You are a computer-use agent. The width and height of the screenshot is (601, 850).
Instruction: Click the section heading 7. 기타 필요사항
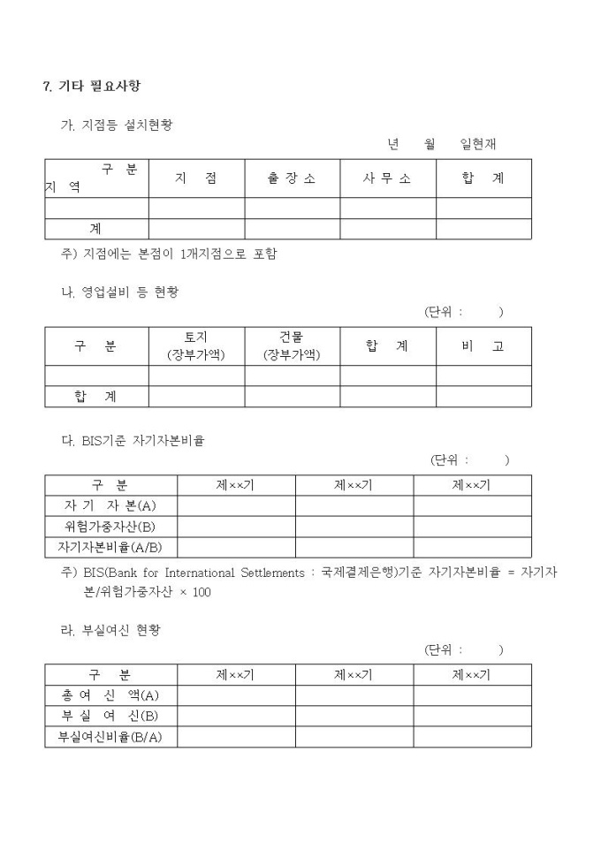pyautogui.click(x=91, y=86)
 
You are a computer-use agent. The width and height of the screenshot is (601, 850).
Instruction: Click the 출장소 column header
pyautogui.click(x=292, y=178)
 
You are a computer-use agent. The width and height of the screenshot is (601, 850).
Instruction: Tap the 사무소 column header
pyautogui.click(x=387, y=178)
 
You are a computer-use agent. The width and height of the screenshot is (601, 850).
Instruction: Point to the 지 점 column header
pyautogui.click(x=196, y=178)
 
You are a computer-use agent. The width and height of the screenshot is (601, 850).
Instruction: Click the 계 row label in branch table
pyautogui.click(x=95, y=229)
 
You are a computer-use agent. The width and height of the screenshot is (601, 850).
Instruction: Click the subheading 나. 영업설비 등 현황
pyautogui.click(x=118, y=292)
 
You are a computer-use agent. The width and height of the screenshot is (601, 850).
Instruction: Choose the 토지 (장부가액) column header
pyautogui.click(x=196, y=346)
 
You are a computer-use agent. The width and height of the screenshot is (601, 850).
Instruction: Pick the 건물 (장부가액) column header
pyautogui.click(x=292, y=346)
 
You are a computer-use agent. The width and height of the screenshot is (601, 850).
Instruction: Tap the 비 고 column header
pyautogui.click(x=483, y=346)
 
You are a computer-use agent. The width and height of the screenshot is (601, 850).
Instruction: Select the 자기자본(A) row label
pyautogui.click(x=110, y=505)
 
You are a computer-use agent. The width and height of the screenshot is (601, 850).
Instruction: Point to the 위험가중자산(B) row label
pyautogui.click(x=110, y=526)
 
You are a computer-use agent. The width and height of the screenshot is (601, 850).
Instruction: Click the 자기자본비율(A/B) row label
pyautogui.click(x=110, y=547)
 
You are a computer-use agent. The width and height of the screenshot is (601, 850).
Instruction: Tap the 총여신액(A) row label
pyautogui.click(x=110, y=695)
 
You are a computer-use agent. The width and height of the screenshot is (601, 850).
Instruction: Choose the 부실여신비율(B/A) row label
pyautogui.click(x=110, y=737)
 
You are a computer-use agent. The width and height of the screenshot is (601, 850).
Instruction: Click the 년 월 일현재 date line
pyautogui.click(x=441, y=145)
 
